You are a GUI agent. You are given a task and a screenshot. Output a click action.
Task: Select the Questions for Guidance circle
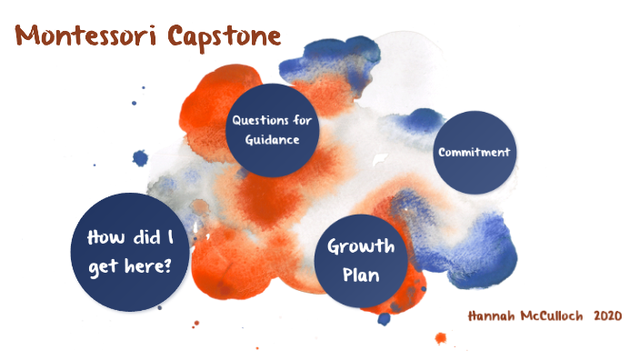[x=276, y=130]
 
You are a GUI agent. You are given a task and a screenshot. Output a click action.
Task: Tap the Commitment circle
[x=474, y=152]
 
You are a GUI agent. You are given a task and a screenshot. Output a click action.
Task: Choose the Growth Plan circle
[x=361, y=259]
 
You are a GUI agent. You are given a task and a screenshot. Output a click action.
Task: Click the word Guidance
[x=276, y=140]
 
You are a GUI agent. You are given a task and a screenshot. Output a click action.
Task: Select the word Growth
[x=361, y=246]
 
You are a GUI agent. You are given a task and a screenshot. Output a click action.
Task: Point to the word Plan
[x=361, y=273]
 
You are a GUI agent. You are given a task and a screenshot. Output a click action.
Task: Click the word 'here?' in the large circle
[x=155, y=266]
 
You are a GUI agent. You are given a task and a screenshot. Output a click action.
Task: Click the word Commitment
[x=474, y=152]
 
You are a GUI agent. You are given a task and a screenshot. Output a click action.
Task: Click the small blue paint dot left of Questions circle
[x=140, y=158]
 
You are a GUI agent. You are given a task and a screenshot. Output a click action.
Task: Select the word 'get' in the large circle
[x=111, y=266]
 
